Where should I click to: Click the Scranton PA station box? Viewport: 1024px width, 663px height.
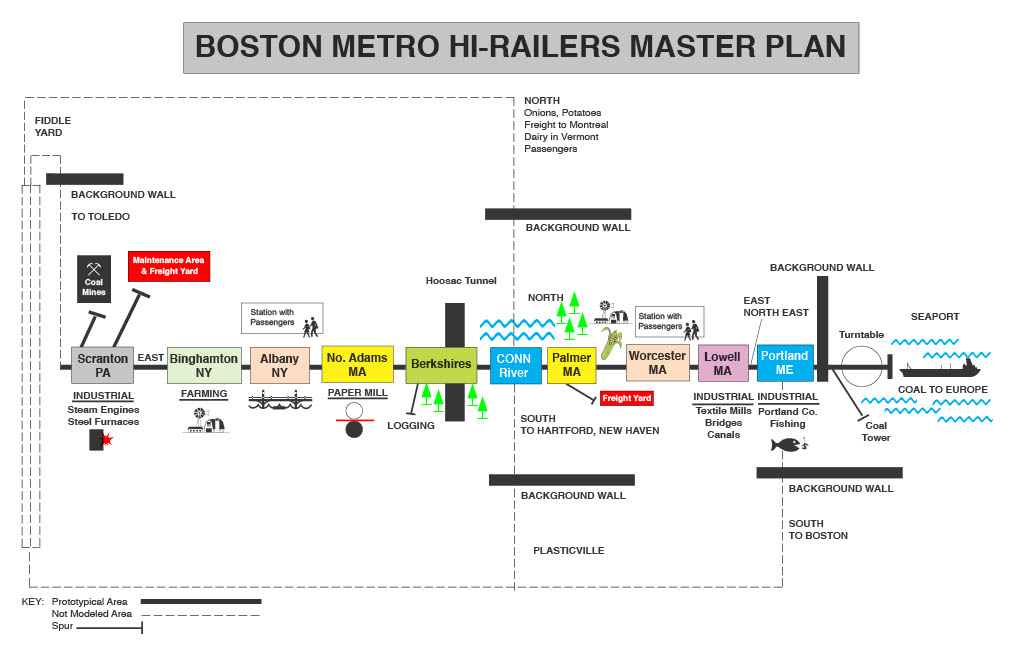click(102, 365)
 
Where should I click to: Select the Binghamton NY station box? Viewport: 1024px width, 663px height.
click(204, 365)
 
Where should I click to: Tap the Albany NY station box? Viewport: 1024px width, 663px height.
click(279, 365)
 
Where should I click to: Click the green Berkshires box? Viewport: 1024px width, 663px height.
click(441, 365)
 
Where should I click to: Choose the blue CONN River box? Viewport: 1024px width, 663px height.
click(515, 365)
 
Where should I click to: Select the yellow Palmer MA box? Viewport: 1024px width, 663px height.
click(571, 364)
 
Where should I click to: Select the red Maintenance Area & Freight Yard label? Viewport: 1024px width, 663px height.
click(169, 266)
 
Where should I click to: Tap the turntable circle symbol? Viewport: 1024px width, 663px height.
click(861, 366)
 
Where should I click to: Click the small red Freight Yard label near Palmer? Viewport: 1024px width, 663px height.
click(627, 398)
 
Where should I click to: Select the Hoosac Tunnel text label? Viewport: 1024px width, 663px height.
click(461, 281)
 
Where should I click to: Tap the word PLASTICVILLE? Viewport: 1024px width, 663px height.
click(568, 550)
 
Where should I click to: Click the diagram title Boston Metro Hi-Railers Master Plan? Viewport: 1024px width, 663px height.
click(520, 47)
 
